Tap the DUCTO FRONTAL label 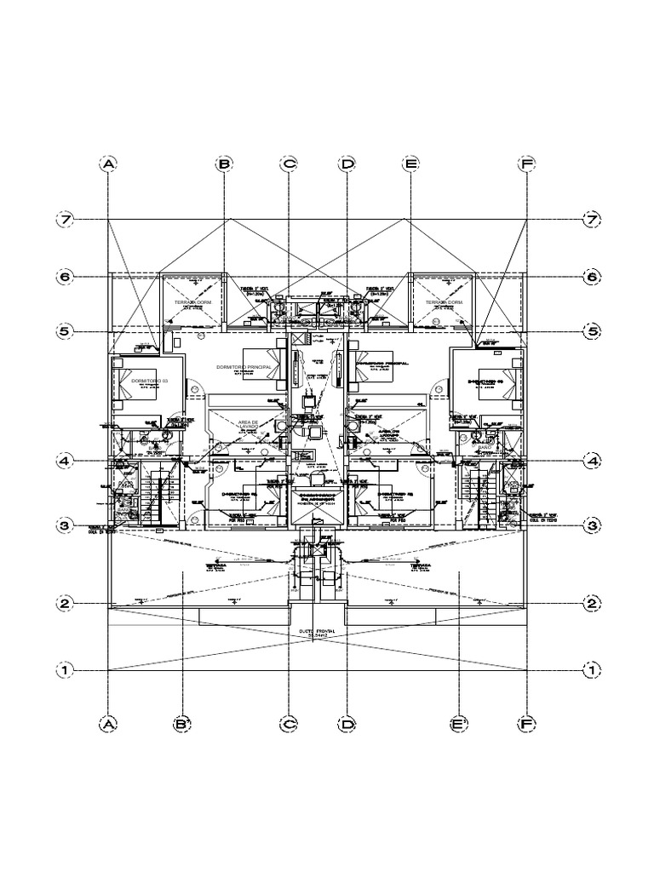click(x=318, y=633)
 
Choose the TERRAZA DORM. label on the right click(x=444, y=303)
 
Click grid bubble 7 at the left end click(x=65, y=220)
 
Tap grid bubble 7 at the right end click(x=591, y=220)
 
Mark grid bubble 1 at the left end click(x=65, y=670)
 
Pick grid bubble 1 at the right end click(x=591, y=670)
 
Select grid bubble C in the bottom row click(x=289, y=724)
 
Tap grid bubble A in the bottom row click(x=107, y=724)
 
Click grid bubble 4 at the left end click(x=65, y=461)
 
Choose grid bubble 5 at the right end click(x=591, y=331)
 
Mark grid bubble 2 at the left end click(x=65, y=604)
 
